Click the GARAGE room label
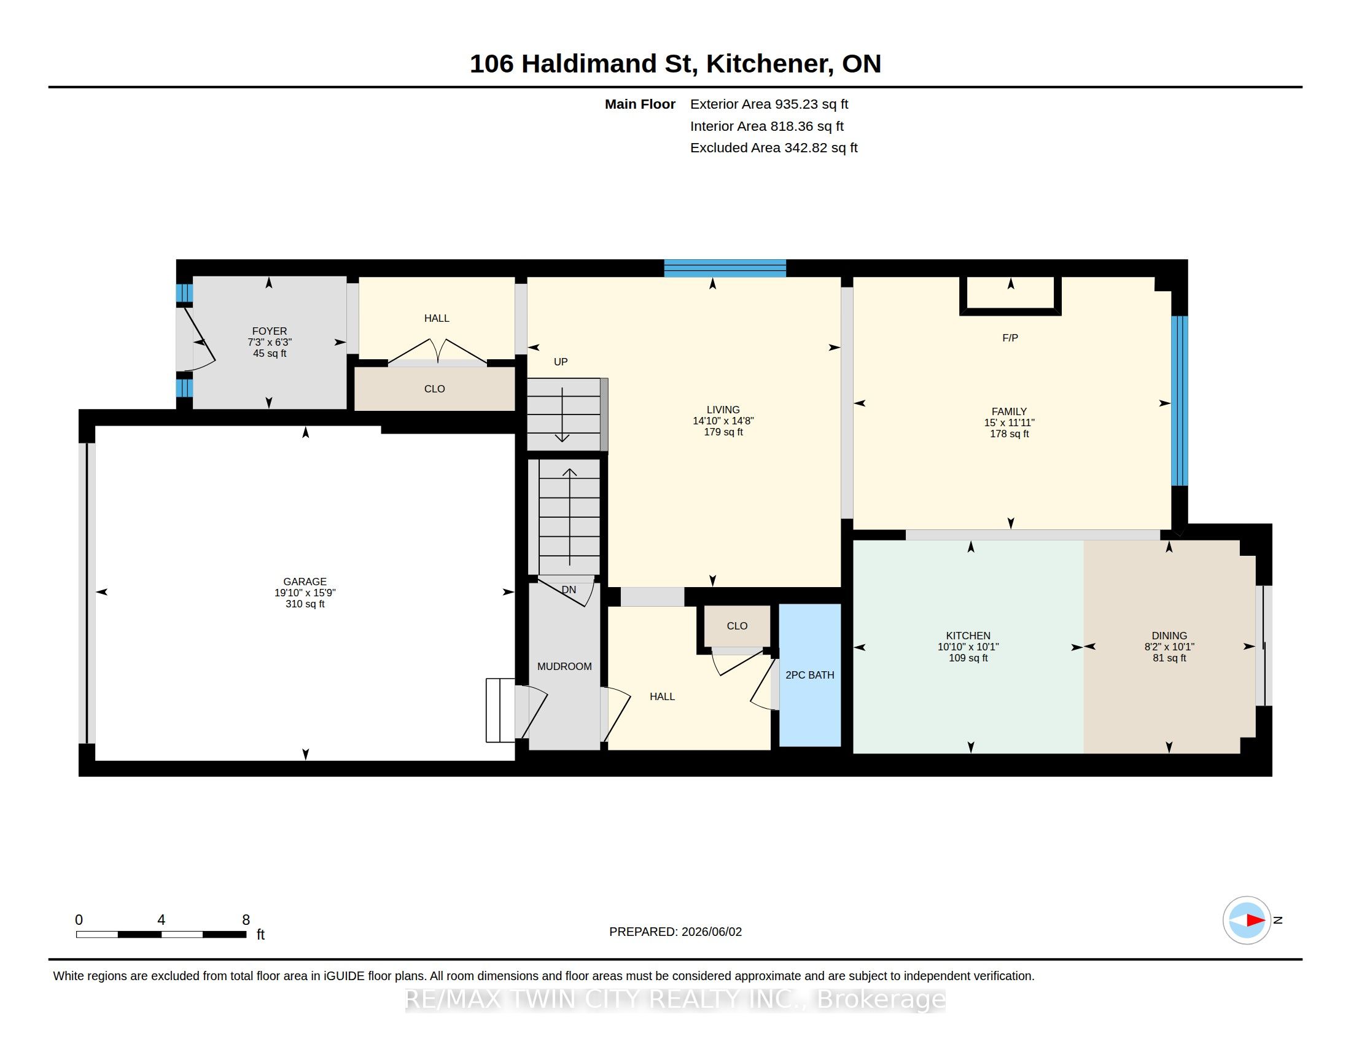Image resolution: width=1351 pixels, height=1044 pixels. click(305, 582)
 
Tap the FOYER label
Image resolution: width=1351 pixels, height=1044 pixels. click(269, 331)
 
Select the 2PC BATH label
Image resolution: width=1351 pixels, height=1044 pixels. click(810, 675)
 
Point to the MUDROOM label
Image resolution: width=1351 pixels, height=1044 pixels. click(564, 666)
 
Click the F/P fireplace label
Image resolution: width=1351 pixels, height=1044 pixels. click(1010, 338)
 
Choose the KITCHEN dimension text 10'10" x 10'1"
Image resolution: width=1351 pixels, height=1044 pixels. click(968, 647)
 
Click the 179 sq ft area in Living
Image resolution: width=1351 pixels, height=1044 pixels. click(723, 432)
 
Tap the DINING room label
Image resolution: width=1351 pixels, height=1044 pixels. click(1169, 636)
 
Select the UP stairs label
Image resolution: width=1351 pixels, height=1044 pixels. click(561, 362)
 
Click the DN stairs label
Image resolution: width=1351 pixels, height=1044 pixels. click(569, 590)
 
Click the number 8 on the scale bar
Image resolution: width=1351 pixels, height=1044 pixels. click(246, 920)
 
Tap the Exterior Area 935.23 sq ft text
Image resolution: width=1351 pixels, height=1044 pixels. click(769, 104)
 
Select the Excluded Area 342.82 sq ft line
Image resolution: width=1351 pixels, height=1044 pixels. click(774, 148)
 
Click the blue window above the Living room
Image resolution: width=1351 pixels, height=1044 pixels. click(725, 268)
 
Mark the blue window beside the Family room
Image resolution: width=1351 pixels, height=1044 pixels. click(1180, 401)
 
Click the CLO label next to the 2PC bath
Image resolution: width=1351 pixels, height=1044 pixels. click(737, 626)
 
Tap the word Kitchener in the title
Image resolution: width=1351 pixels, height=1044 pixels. click(768, 64)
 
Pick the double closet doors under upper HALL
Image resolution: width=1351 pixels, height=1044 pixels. click(437, 351)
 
